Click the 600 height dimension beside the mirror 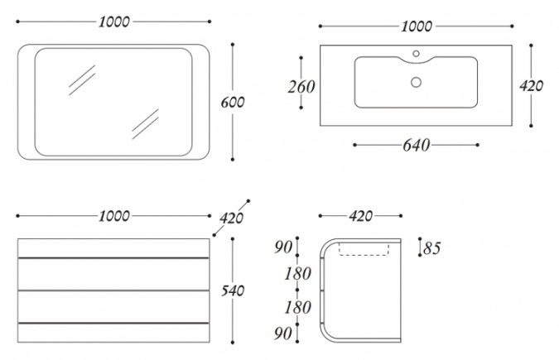point(233,103)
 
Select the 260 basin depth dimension point(301,87)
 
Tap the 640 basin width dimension point(416,145)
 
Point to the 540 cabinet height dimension point(233,290)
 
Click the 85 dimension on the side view point(432,248)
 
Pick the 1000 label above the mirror point(114,22)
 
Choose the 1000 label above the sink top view point(417,26)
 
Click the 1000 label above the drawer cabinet point(114,216)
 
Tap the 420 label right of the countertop point(531,85)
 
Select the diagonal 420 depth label point(231,218)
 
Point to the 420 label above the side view point(361,216)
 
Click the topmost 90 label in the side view point(283,247)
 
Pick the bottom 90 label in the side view point(283,334)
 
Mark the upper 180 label point(297,274)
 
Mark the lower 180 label point(297,307)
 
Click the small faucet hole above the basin point(416,54)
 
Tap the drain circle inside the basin point(416,82)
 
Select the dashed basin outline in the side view point(364,249)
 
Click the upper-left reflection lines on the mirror point(82,79)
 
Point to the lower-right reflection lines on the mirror point(145,124)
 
